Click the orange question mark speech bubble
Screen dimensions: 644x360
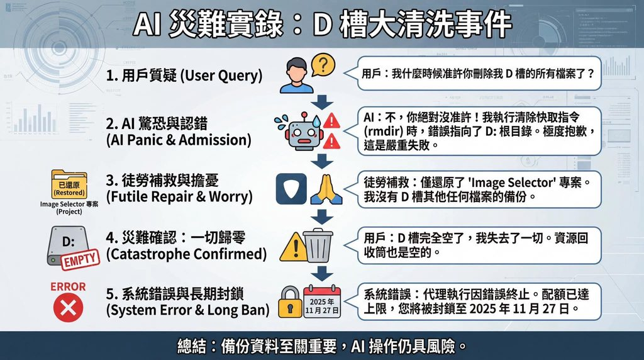[323, 65]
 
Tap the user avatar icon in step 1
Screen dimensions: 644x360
[297, 76]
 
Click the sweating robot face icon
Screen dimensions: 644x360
[303, 132]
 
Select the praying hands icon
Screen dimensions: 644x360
[326, 189]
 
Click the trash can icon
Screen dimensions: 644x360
[318, 245]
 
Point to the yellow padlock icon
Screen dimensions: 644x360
[290, 302]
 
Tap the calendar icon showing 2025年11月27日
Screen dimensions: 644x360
[322, 301]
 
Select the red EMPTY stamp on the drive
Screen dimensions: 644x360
[80, 260]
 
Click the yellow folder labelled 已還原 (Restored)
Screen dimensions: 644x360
[69, 184]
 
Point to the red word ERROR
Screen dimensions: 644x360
[68, 286]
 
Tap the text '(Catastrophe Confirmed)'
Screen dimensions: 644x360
[186, 254]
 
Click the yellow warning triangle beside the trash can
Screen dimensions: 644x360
[294, 247]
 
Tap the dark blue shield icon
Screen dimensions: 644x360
[291, 189]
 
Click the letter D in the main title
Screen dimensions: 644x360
[323, 25]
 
